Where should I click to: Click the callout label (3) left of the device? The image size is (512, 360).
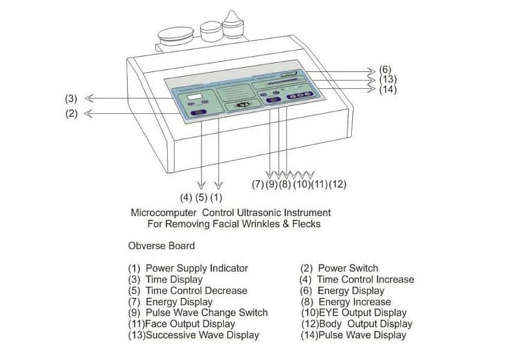[x=71, y=98]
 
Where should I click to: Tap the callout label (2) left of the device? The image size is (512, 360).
[x=71, y=114]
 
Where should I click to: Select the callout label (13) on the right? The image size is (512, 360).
[x=387, y=80]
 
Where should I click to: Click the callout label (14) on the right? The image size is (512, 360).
[x=387, y=89]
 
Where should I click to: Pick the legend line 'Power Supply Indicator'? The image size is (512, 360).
[x=188, y=268]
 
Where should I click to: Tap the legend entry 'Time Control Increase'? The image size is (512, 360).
[x=356, y=279]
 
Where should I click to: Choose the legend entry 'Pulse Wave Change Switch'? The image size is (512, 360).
[x=197, y=312]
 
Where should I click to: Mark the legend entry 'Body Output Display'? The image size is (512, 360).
[x=356, y=323]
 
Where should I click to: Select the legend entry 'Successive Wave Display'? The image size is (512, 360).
[x=193, y=335]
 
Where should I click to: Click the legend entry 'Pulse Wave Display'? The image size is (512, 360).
[x=354, y=335]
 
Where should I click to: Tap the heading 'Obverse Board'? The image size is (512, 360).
[x=161, y=245]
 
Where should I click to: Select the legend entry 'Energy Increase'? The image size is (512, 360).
[x=346, y=302]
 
